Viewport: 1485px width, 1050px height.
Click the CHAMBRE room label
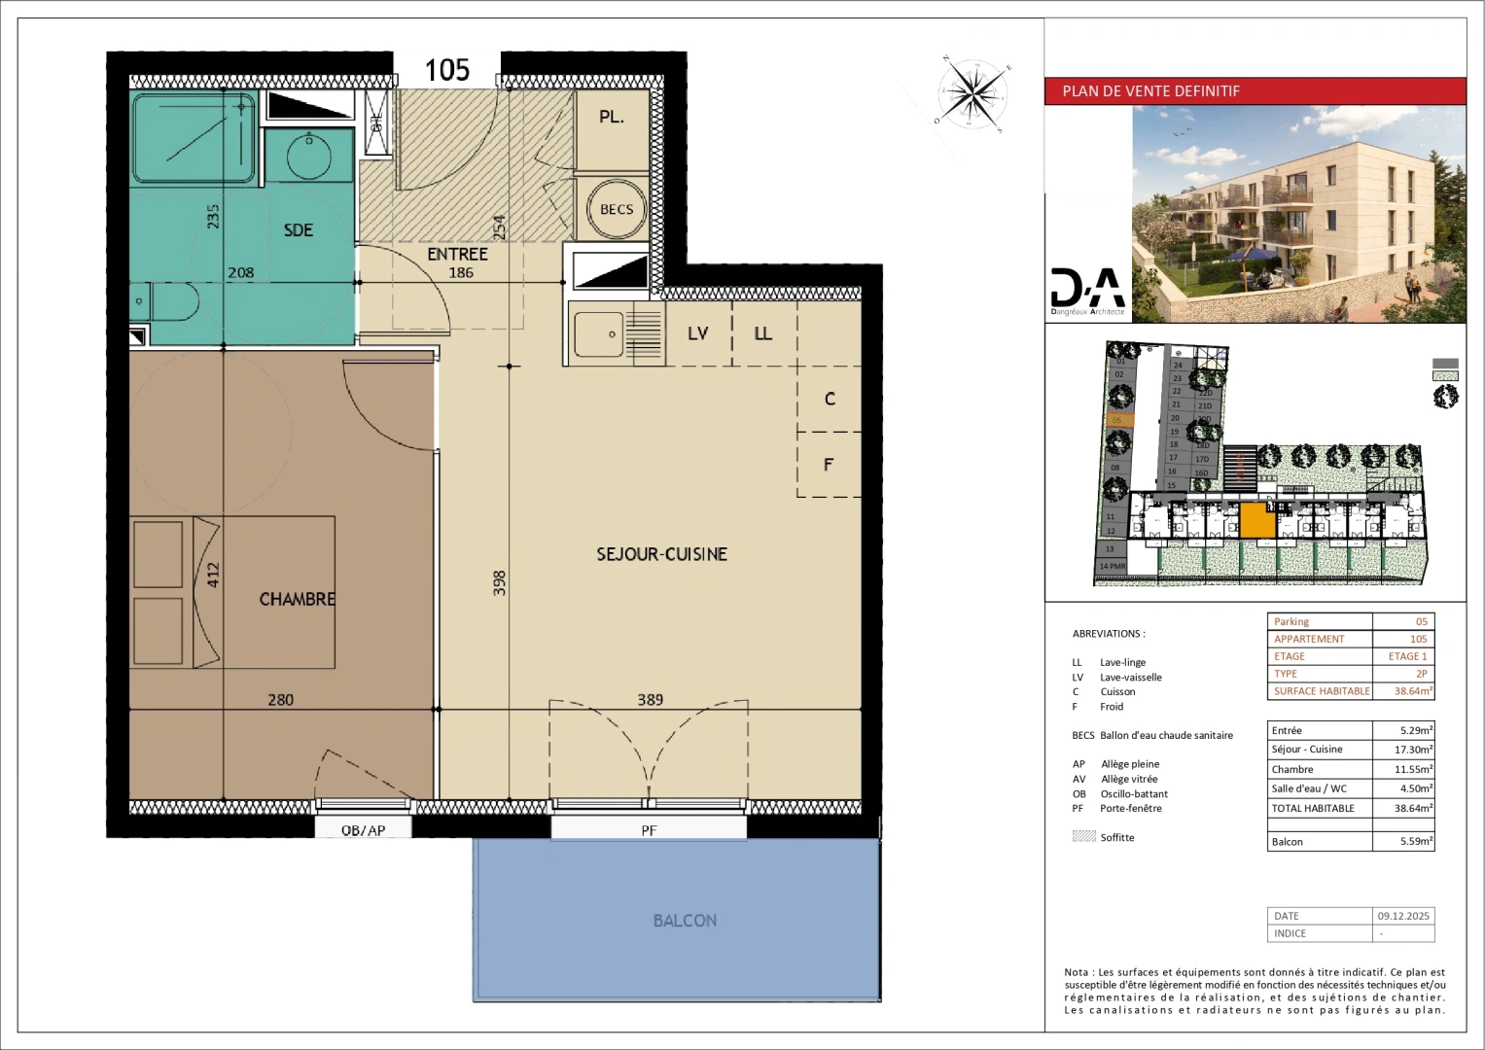pyautogui.click(x=297, y=600)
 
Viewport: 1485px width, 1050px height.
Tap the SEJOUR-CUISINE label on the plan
pyautogui.click(x=661, y=554)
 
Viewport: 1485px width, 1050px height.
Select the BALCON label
pyautogui.click(x=685, y=921)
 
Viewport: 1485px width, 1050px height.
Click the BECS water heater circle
pyautogui.click(x=617, y=209)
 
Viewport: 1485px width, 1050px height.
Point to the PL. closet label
pyautogui.click(x=612, y=117)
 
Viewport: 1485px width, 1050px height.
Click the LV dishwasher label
pyautogui.click(x=697, y=333)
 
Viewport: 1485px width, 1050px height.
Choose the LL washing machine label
pyautogui.click(x=763, y=333)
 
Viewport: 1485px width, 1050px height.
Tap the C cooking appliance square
pyautogui.click(x=830, y=399)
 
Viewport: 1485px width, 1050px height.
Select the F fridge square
pyautogui.click(x=829, y=465)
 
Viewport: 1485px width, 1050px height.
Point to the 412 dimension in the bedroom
pyautogui.click(x=213, y=576)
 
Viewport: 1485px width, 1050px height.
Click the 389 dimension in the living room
pyautogui.click(x=650, y=699)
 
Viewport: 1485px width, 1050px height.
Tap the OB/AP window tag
pyautogui.click(x=363, y=830)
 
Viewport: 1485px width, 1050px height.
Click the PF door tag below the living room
pyautogui.click(x=649, y=830)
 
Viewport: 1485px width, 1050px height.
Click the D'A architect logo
pyautogui.click(x=1087, y=290)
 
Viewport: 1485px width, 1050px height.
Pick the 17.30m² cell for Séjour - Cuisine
pyautogui.click(x=1403, y=750)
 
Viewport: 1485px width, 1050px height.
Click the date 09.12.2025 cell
pyautogui.click(x=1403, y=916)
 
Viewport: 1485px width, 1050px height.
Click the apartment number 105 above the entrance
pyautogui.click(x=447, y=70)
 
